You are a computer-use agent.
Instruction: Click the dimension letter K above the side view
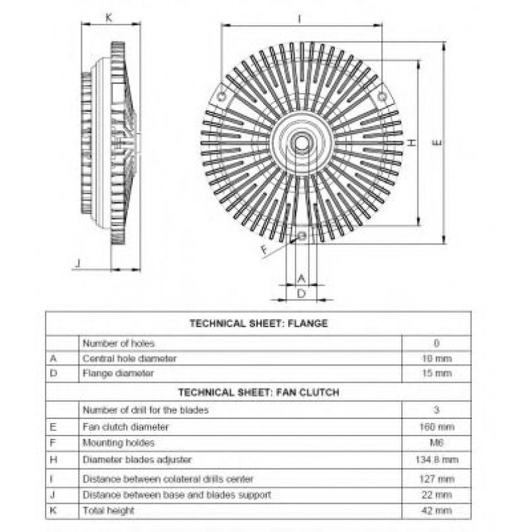click(x=108, y=18)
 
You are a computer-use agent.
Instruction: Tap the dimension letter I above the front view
click(x=299, y=19)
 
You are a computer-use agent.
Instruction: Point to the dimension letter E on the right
click(x=437, y=143)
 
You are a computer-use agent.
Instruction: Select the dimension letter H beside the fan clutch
click(x=411, y=143)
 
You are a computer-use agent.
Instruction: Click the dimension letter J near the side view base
click(x=79, y=263)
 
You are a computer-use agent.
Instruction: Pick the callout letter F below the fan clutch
click(x=264, y=250)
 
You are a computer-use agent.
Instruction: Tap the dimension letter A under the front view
click(x=301, y=279)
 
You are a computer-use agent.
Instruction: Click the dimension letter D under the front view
click(x=301, y=293)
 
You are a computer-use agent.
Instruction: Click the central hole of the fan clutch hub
click(x=301, y=143)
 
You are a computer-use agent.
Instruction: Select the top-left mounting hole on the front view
click(x=221, y=97)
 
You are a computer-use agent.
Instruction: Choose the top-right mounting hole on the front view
click(x=382, y=97)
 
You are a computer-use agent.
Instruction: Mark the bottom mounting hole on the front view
click(x=301, y=235)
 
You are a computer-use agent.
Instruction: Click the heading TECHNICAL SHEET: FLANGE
click(x=258, y=323)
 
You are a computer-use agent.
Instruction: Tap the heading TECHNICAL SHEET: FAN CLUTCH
click(x=258, y=393)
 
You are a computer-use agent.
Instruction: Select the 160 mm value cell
click(x=437, y=427)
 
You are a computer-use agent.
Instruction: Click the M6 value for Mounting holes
click(x=437, y=443)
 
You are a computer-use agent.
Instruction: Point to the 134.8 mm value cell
click(x=437, y=460)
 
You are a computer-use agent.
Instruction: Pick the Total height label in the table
click(x=108, y=511)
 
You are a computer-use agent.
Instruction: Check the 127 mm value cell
click(x=437, y=479)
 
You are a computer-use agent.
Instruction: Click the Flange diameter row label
click(x=118, y=373)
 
